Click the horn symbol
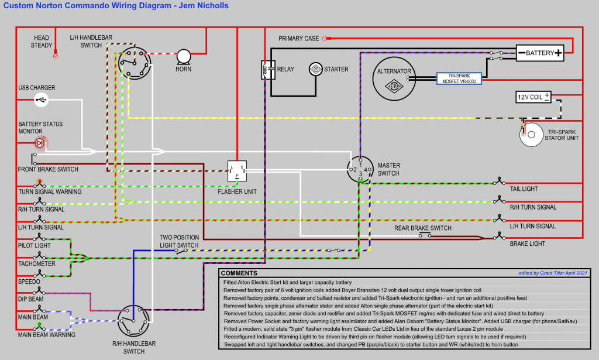[x=184, y=56]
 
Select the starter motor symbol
[x=316, y=69]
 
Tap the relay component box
[x=268, y=69]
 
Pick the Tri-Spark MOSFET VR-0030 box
[x=460, y=78]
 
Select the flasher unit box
[x=237, y=170]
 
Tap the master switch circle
[x=360, y=170]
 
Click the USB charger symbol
[x=40, y=100]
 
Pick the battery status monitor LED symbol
[x=40, y=142]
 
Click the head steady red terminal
[x=56, y=56]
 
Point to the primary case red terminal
[x=325, y=38]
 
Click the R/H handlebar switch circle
[x=133, y=320]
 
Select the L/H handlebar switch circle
[x=135, y=60]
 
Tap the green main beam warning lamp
[x=39, y=325]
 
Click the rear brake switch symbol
[x=425, y=235]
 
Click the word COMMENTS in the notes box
[x=239, y=273]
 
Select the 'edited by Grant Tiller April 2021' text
[x=552, y=273]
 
